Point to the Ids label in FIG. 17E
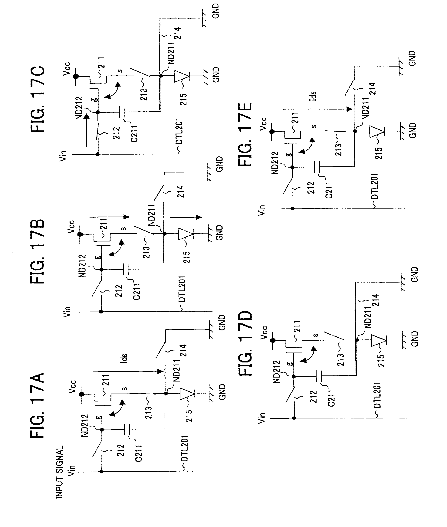click(x=314, y=96)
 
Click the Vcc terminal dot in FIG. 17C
click(x=75, y=76)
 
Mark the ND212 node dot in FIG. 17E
click(x=292, y=167)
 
